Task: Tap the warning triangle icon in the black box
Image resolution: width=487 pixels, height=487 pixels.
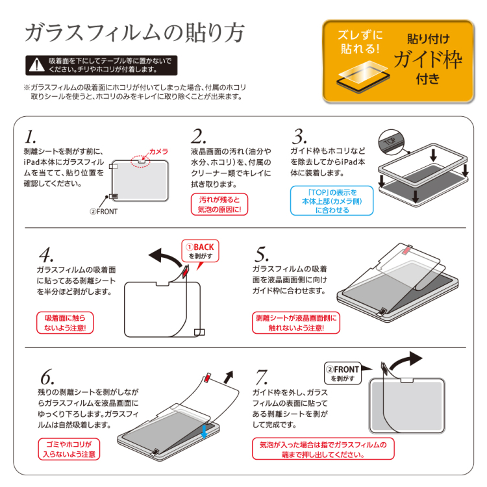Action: pos(36,65)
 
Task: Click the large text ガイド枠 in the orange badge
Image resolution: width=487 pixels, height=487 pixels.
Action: pos(428,61)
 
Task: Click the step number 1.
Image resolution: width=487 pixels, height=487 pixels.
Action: pos(30,137)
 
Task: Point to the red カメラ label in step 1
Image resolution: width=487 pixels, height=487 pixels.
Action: pos(158,151)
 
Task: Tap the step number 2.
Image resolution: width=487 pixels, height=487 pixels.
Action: pos(199,137)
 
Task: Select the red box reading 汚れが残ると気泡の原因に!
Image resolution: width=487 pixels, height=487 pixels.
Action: pos(219,205)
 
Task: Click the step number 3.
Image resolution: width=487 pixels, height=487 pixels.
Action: pos(299,137)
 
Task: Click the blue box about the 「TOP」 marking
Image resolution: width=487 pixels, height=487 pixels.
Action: pos(332,201)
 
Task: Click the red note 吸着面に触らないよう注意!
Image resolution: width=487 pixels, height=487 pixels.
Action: pos(65,323)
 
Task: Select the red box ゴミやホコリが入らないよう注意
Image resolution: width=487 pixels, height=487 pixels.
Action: pos(69,449)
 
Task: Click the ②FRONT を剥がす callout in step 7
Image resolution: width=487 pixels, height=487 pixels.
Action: pos(342,373)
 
